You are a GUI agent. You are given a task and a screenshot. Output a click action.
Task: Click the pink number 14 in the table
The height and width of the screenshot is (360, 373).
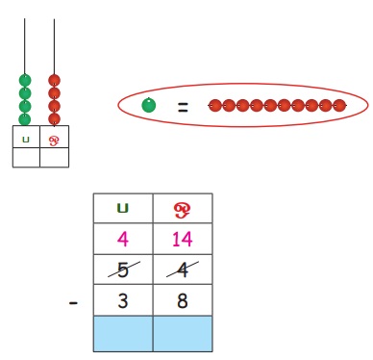point(183,239)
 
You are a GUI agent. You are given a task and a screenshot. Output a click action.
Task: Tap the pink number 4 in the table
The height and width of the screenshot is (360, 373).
point(123,239)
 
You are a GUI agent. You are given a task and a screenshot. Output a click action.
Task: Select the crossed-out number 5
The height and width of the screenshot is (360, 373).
point(123,270)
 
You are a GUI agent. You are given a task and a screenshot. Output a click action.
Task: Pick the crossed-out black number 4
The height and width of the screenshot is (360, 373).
point(183,270)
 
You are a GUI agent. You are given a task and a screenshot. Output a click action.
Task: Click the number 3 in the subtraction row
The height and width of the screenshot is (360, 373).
point(123,300)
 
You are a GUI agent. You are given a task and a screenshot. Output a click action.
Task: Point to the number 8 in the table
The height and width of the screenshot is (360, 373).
point(183,300)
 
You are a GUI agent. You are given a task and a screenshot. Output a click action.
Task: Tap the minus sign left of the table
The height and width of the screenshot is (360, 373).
point(73,302)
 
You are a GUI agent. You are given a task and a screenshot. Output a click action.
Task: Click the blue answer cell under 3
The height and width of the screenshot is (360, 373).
point(123,334)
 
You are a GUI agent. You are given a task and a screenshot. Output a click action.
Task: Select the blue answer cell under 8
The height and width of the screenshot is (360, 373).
point(183,334)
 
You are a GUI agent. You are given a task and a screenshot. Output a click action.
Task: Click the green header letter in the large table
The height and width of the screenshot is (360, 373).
point(123,209)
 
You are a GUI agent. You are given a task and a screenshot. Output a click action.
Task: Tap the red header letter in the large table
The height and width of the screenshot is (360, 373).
point(183,211)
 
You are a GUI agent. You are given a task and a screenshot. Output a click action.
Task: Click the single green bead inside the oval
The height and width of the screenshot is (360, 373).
point(149,105)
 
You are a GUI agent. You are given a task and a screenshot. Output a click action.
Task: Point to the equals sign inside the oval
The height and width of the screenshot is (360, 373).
point(183,107)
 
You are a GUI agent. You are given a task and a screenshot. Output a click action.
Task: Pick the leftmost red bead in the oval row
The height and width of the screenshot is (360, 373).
point(215,105)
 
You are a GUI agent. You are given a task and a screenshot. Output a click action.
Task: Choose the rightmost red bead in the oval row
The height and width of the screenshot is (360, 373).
point(339,105)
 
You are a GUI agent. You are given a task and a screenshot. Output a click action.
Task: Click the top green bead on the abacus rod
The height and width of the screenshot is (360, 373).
point(25,80)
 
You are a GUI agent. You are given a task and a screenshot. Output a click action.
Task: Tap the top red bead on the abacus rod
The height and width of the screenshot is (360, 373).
point(54,80)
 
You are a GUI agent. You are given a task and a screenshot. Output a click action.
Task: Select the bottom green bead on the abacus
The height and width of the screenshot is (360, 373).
point(25,119)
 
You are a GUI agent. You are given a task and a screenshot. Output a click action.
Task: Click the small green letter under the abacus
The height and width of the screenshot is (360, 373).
point(26,140)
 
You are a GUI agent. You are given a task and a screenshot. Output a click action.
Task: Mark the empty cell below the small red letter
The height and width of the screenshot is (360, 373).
point(54,157)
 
